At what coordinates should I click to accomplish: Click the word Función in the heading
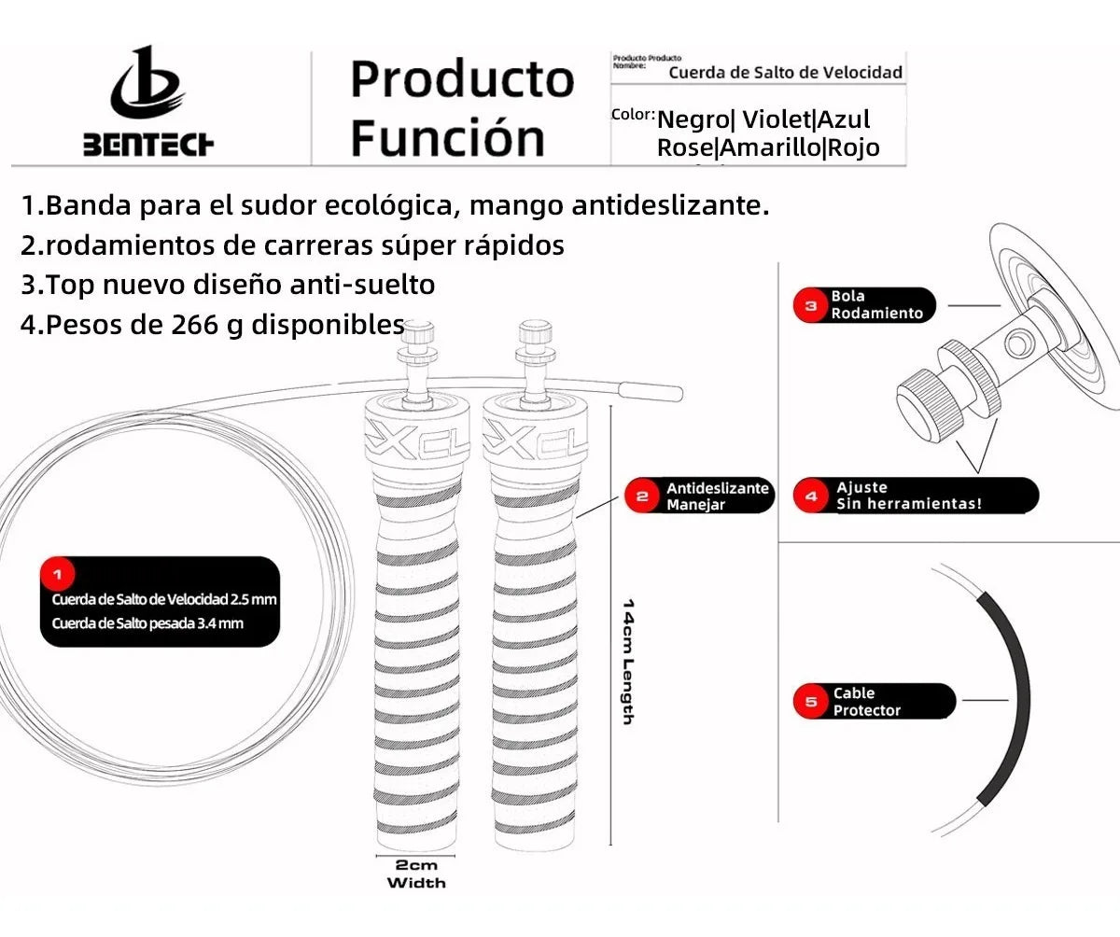[x=447, y=137]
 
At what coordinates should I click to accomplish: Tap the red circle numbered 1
[x=59, y=572]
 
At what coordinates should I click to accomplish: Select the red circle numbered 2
[x=642, y=496]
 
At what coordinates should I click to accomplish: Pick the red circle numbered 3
[x=810, y=304]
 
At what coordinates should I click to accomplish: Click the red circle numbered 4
[x=810, y=496]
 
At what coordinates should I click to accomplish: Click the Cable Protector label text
[x=867, y=702]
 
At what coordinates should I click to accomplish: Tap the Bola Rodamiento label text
[x=875, y=304]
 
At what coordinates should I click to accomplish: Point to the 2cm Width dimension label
[x=416, y=874]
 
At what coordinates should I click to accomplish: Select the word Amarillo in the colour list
[x=770, y=147]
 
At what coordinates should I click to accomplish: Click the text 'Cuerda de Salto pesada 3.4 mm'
[x=147, y=623]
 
